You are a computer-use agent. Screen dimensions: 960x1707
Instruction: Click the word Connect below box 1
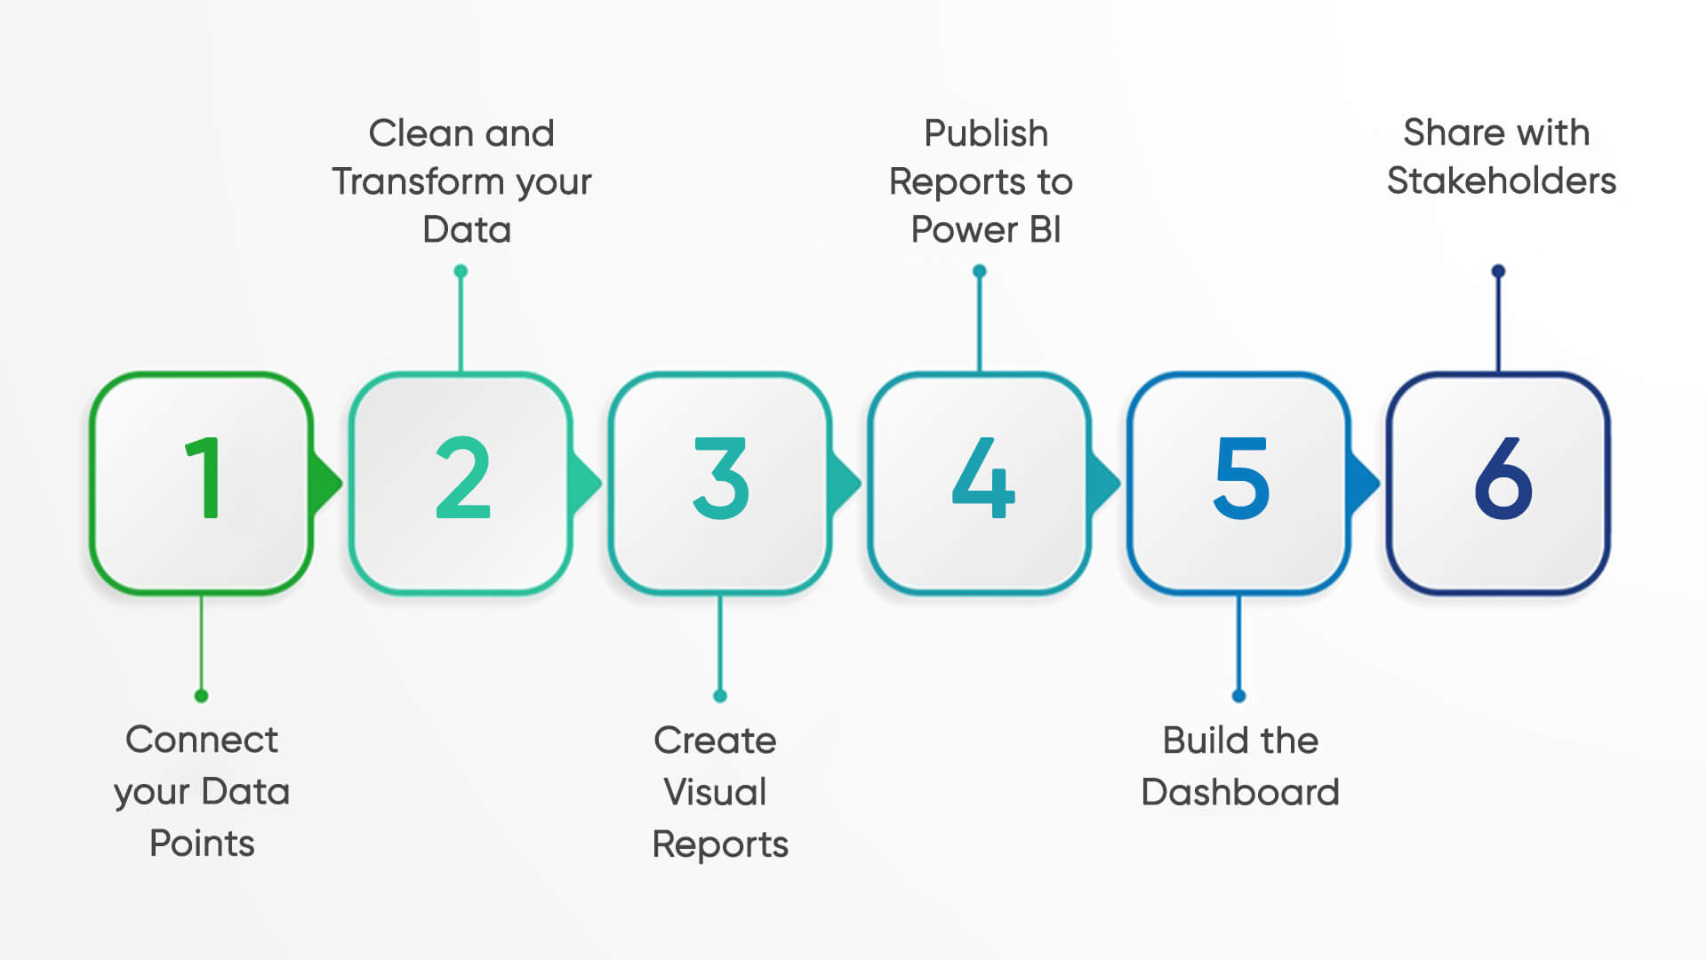coord(202,740)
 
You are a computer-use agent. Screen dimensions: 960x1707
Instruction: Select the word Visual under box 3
coord(715,792)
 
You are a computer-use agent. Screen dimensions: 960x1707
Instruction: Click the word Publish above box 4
coord(986,133)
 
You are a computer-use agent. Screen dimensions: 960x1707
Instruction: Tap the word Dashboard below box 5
coord(1239,792)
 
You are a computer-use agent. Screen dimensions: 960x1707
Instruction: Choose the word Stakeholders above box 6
coord(1501,180)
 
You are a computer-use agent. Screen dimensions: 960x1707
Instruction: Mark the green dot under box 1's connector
coord(202,695)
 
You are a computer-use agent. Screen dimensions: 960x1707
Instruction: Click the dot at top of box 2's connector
coord(461,271)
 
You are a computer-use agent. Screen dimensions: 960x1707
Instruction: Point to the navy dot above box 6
coord(1498,271)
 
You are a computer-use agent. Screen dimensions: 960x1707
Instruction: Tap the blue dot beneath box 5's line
coord(1238,695)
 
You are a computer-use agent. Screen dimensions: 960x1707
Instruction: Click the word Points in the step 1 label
coord(202,843)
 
